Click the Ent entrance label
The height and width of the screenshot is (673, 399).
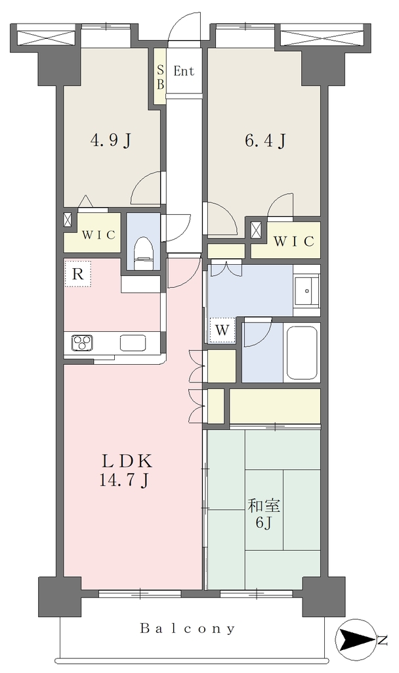tap(184, 71)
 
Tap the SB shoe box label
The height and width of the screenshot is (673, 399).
tap(160, 77)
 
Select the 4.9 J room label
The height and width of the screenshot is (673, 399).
tap(110, 140)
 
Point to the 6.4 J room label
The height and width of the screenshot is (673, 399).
tap(265, 140)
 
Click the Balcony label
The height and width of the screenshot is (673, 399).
tap(188, 629)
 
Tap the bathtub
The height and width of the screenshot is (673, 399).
tap(302, 353)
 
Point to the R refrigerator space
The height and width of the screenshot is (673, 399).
tap(77, 273)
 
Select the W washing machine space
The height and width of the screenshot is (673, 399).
tap(222, 330)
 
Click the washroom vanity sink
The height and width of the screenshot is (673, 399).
tap(307, 290)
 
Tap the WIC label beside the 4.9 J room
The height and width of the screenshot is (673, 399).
tap(98, 235)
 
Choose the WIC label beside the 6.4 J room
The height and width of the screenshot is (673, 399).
tap(293, 241)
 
